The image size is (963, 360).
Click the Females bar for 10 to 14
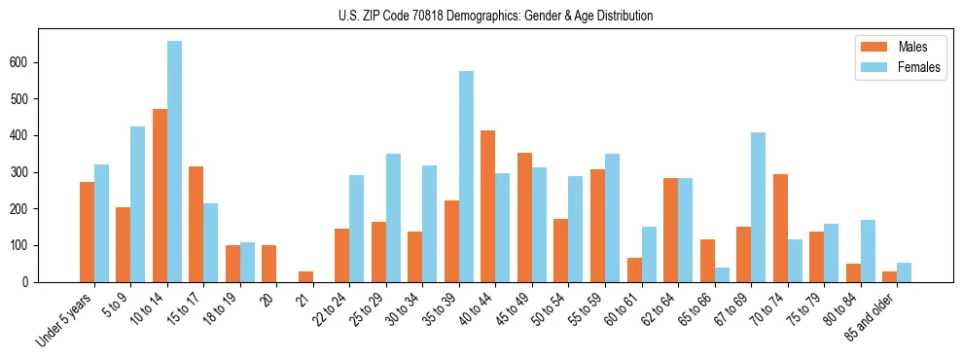point(174,162)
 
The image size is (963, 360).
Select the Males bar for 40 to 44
point(487,206)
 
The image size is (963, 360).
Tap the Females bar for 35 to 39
point(466,176)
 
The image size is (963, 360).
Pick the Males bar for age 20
point(268,264)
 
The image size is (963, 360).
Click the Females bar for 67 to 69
point(758,207)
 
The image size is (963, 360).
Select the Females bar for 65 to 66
point(722,274)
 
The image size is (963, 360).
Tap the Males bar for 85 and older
point(889,276)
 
